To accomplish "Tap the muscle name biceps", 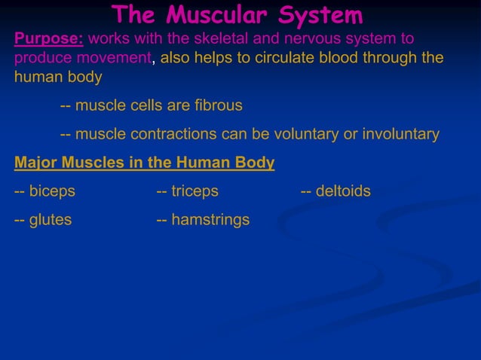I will coord(52,191).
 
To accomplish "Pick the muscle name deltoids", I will coord(343,191).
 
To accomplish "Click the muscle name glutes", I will coord(51,220).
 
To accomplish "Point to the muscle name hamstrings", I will coord(210,220).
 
